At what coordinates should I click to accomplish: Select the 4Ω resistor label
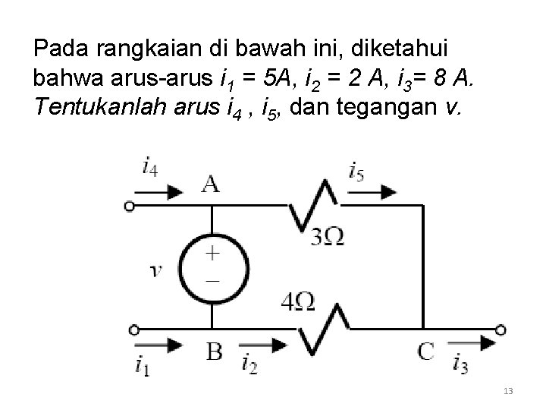coord(297,302)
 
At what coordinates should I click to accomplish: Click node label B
coord(215,352)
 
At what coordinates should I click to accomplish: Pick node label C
coord(425,351)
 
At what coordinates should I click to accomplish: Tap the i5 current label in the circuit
coord(356,170)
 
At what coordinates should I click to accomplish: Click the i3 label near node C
coord(459,364)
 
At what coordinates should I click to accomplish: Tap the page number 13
coord(508,391)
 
